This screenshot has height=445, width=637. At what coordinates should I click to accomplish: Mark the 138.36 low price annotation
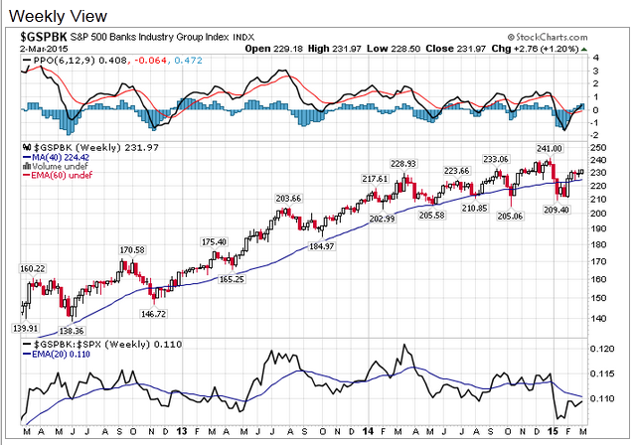point(69,329)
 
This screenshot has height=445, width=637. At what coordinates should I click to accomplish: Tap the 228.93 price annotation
point(402,164)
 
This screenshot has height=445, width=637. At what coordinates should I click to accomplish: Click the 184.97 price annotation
point(322,246)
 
